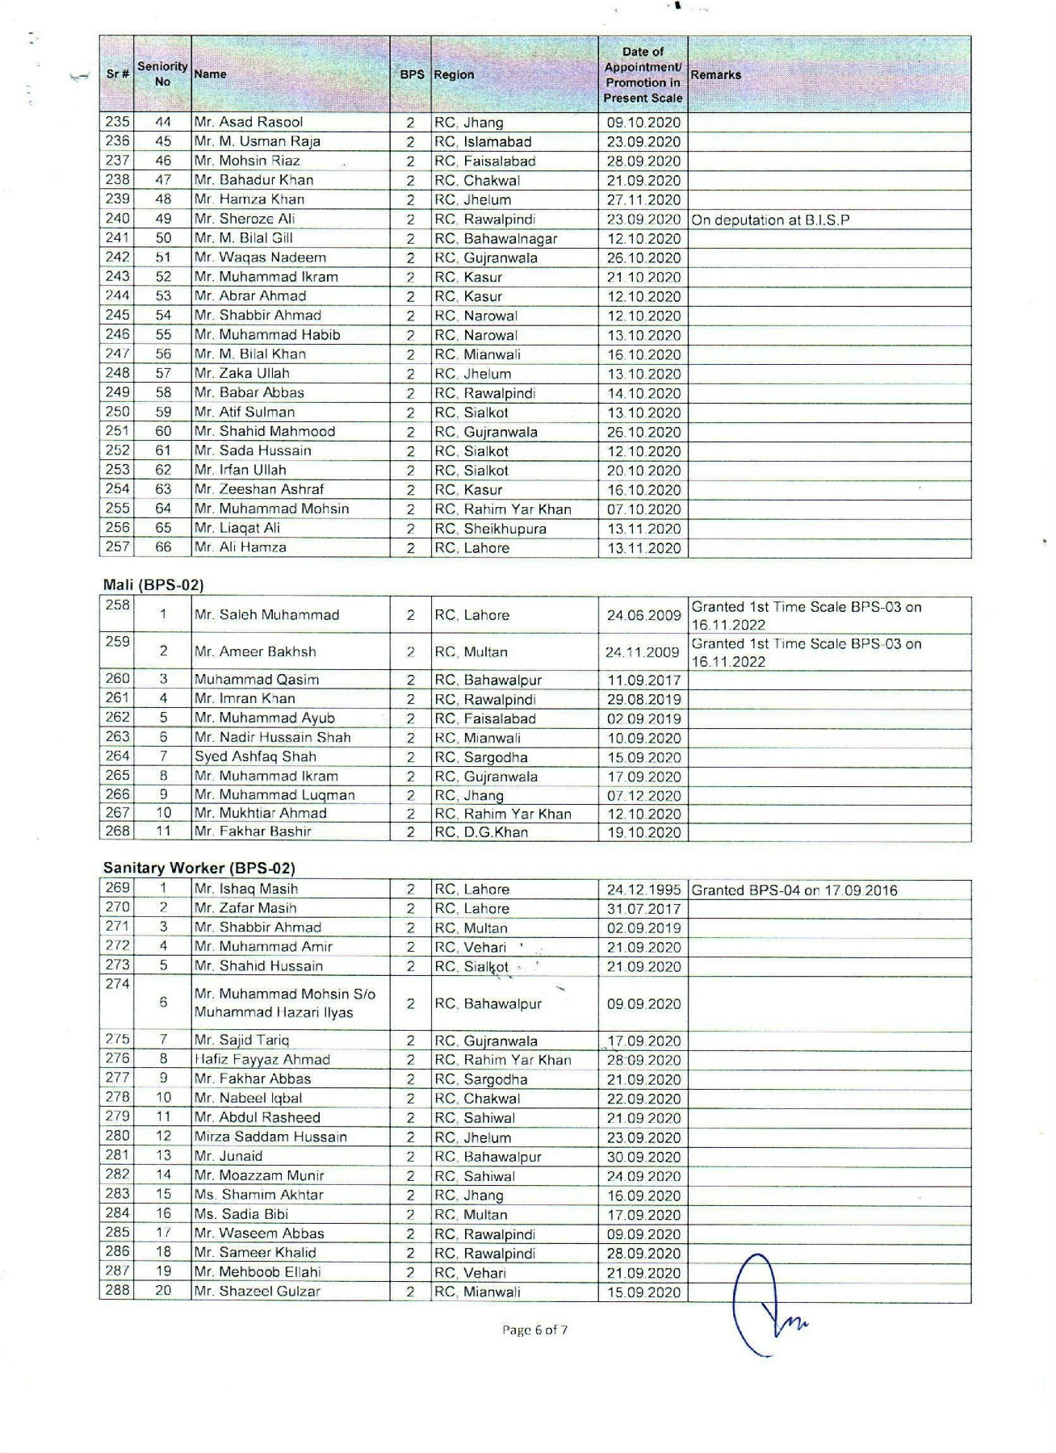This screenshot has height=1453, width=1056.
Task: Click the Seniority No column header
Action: (x=162, y=73)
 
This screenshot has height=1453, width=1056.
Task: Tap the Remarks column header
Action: (x=715, y=74)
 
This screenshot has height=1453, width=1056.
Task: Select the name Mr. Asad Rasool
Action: (x=249, y=123)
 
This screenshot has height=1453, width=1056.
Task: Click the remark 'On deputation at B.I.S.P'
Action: (x=770, y=220)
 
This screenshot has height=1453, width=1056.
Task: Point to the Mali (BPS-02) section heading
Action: (x=153, y=584)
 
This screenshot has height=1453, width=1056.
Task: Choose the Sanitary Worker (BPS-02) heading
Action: (x=199, y=869)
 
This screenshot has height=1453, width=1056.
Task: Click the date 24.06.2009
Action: (x=643, y=615)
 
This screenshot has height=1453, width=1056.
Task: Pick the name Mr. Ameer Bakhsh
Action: (x=255, y=651)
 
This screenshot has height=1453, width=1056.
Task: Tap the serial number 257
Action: (x=117, y=547)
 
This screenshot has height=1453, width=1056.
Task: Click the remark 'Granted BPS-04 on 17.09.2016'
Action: (x=794, y=890)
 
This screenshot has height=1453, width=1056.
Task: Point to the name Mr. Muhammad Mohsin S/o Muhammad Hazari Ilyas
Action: (x=285, y=1003)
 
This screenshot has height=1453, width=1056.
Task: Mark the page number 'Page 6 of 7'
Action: (x=534, y=1329)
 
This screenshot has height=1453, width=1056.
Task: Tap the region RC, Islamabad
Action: (x=483, y=141)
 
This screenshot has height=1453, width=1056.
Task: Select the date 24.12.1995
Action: (x=643, y=890)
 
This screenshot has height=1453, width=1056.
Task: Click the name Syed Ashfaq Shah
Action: (x=255, y=756)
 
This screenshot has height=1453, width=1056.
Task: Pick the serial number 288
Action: (x=117, y=1291)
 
